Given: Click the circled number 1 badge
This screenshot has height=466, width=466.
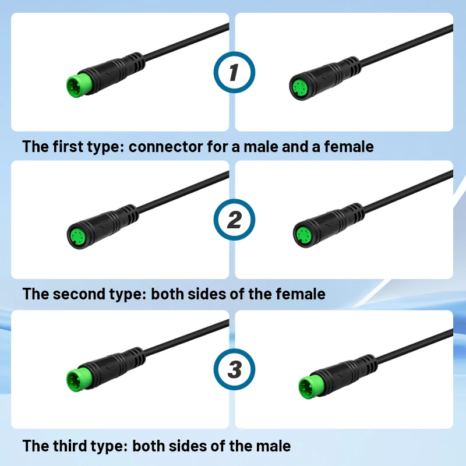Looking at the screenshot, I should (234, 73).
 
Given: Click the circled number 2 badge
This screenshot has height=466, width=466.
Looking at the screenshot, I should (234, 220).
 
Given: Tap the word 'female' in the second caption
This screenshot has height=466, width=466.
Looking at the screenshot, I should (301, 294).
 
